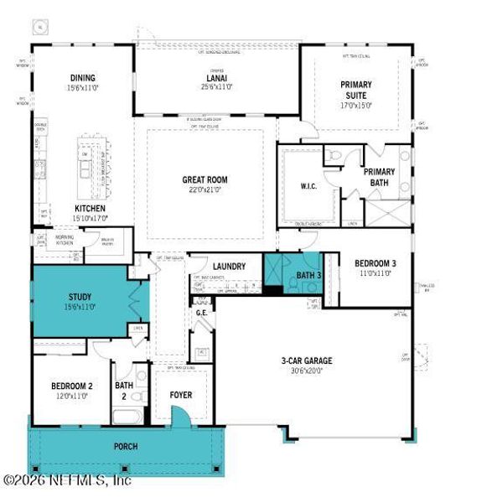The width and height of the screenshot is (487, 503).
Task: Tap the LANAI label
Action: coord(216,77)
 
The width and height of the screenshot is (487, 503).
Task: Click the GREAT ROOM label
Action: coord(205,179)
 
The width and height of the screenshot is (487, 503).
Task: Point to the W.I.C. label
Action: coord(307,187)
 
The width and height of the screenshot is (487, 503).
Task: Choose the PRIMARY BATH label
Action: coord(379,177)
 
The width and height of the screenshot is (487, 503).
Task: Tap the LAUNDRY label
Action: coord(229,267)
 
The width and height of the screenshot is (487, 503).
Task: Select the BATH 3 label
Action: coord(308,275)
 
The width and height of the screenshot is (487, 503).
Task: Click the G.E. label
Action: coord(201,313)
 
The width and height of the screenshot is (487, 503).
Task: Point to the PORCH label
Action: coord(126,446)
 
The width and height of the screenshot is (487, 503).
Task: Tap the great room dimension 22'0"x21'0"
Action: coord(205,190)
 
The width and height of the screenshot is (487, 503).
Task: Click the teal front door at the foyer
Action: coord(178,417)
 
